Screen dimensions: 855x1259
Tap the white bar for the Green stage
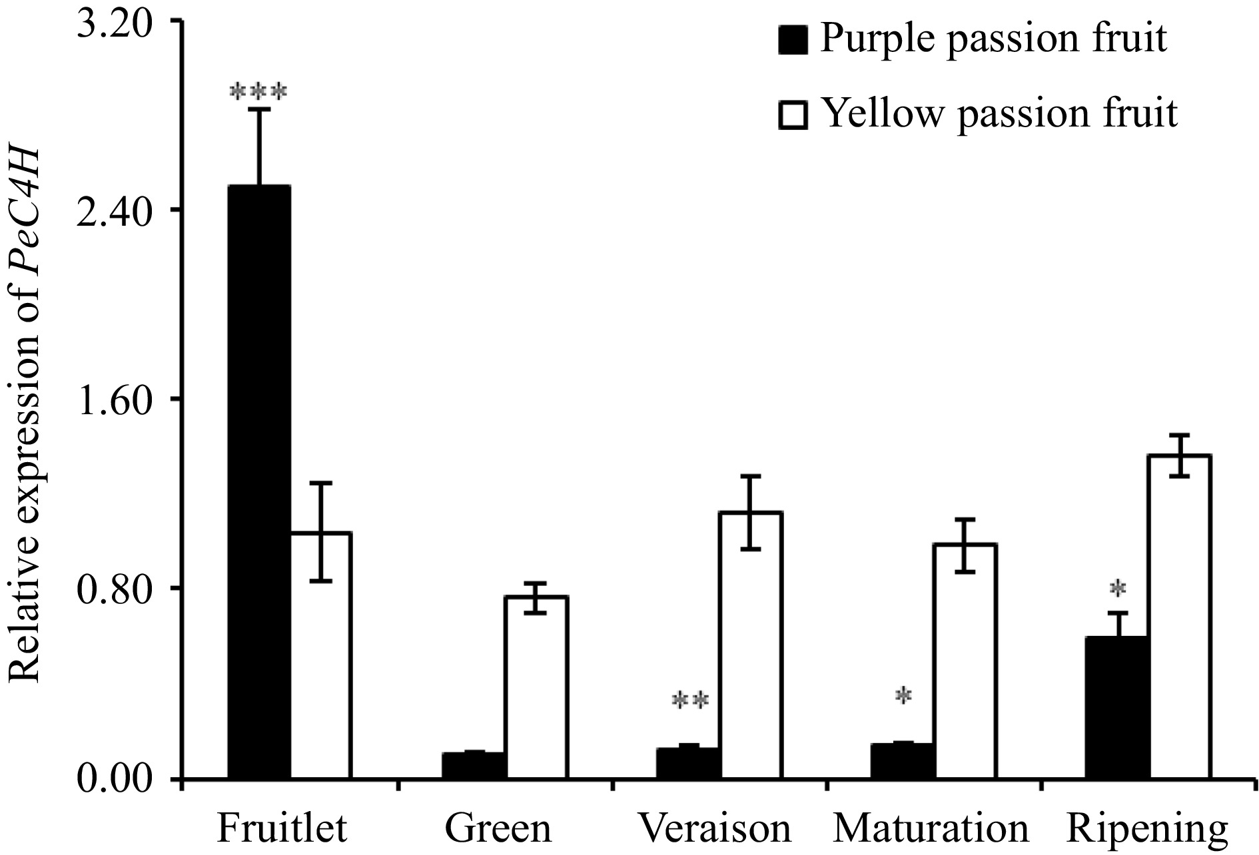[536, 687]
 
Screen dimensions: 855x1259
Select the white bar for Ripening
[1179, 616]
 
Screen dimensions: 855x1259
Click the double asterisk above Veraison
[691, 701]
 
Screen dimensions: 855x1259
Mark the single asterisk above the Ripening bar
[1118, 589]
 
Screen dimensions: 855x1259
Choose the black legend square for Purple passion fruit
[793, 40]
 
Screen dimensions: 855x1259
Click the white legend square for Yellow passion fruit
[793, 115]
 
